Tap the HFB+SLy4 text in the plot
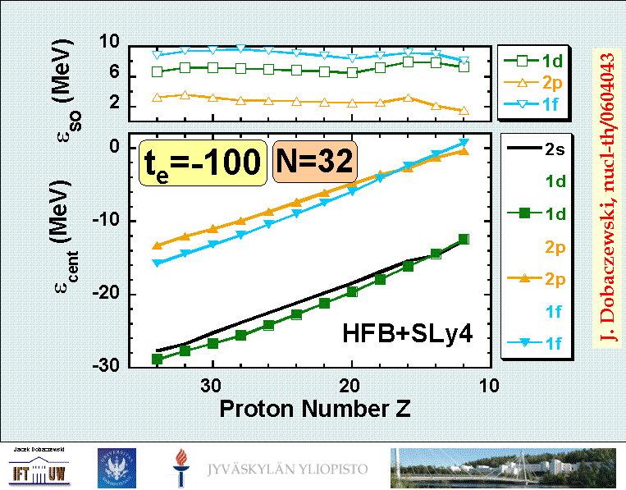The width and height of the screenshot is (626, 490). pyautogui.click(x=407, y=333)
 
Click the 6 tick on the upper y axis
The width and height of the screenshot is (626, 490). pyautogui.click(x=114, y=74)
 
